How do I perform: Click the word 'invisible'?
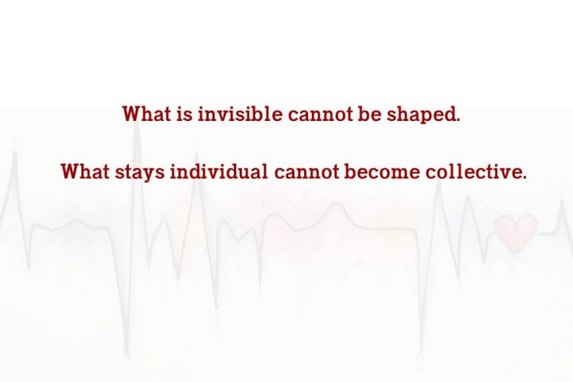pos(240,114)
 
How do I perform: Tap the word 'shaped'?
pos(421,115)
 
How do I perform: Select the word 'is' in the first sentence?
pos(184,114)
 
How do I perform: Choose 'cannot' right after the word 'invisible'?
pos(320,115)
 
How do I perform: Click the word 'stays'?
pos(139,173)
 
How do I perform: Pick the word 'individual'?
pos(219,171)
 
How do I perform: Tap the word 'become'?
pos(382,171)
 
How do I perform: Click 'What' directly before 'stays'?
pos(85,171)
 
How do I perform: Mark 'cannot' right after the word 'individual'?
pos(306,172)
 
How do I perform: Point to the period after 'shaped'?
pos(458,120)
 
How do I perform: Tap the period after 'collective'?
pos(524,177)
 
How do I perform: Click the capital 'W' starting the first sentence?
pos(131,114)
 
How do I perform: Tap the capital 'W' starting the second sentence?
pos(69,171)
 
